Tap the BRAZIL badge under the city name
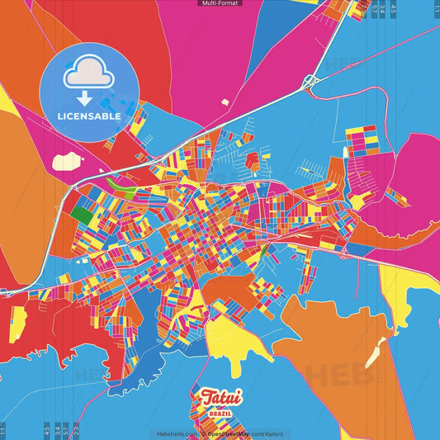click(220, 412)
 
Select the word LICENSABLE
click(89, 116)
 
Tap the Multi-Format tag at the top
click(220, 3)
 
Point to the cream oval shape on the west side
click(65, 159)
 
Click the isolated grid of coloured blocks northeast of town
click(362, 140)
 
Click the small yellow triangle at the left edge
click(5, 99)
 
